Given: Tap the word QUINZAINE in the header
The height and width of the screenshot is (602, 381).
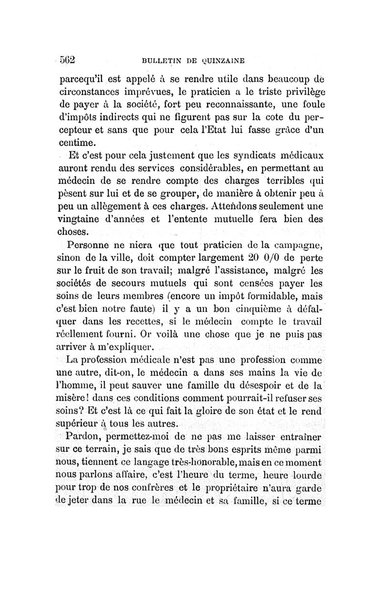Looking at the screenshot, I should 223,61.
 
